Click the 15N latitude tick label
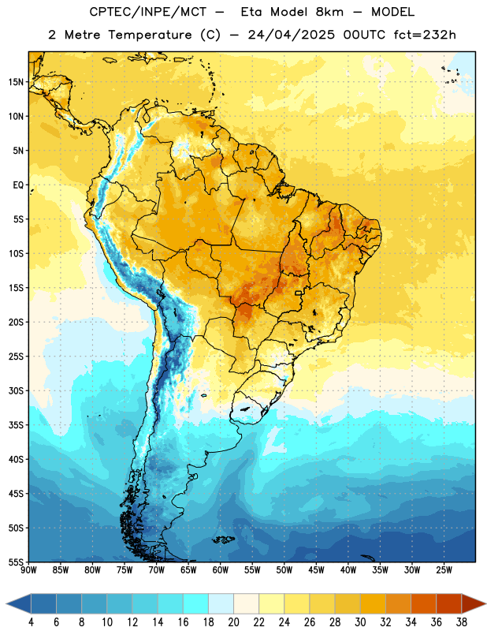coord(16,82)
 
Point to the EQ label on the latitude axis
coord(18,185)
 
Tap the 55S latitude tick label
coord(16,562)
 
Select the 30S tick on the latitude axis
coord(16,390)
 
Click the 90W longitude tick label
coord(28,569)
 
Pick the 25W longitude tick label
coord(444,569)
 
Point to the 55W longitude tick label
coord(252,569)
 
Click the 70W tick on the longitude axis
coord(157,569)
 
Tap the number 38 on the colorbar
coord(462,622)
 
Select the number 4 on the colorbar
coord(31,622)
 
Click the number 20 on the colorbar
coord(233,622)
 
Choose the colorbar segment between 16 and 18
coord(196,604)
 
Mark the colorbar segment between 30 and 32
coord(373,604)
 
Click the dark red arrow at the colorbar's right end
coord(473,604)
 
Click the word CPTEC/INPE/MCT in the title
coord(148,12)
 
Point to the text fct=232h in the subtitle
coord(425,35)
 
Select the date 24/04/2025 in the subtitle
coord(291,35)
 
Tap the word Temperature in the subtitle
coord(150,35)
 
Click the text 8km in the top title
coord(329,12)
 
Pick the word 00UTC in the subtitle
coord(364,35)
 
